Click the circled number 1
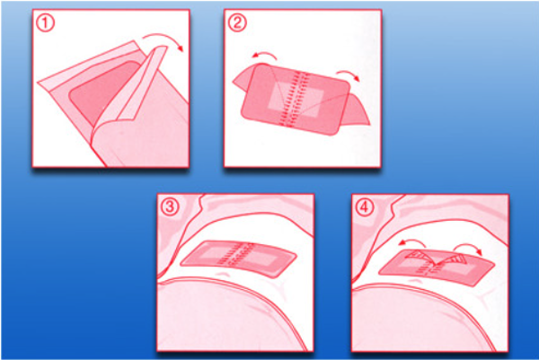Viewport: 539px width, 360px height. pyautogui.click(x=45, y=23)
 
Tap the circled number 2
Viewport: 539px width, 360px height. pyautogui.click(x=237, y=23)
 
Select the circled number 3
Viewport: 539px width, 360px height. pyautogui.click(x=170, y=207)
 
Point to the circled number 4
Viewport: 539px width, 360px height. pyautogui.click(x=365, y=207)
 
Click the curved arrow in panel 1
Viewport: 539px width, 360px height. pyautogui.click(x=165, y=35)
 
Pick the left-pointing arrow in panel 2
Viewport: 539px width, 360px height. pyautogui.click(x=265, y=53)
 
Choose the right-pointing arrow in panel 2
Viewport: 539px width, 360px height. pyautogui.click(x=349, y=73)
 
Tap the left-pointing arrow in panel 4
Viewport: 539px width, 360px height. pyautogui.click(x=412, y=241)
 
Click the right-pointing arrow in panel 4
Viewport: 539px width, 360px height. pyautogui.click(x=468, y=245)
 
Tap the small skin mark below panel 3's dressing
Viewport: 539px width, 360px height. pyautogui.click(x=224, y=274)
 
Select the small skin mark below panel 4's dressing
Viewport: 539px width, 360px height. pyautogui.click(x=416, y=280)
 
